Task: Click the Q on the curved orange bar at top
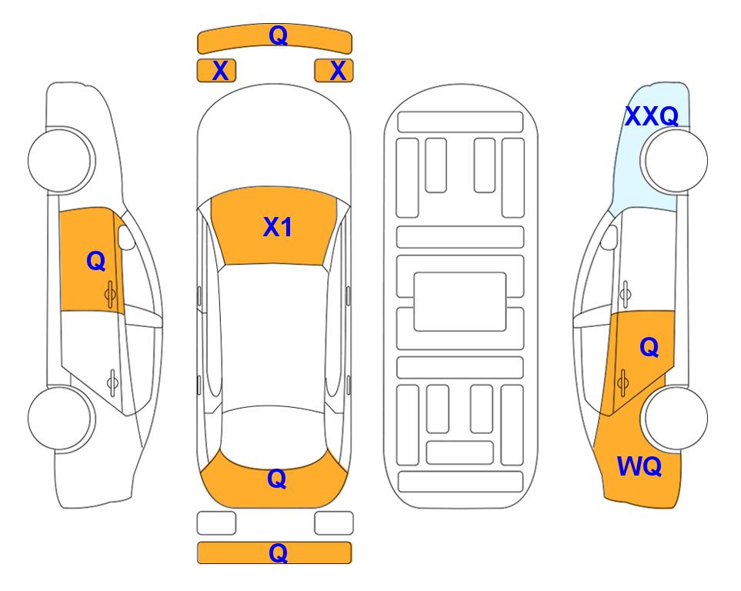coord(278,35)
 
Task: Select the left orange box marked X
coord(216,71)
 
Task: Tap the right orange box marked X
coord(334,71)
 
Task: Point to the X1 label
coord(278,227)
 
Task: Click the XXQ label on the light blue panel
coord(652,116)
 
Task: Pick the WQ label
coord(639,466)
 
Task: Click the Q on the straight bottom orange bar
coord(278,553)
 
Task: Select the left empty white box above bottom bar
coord(216,523)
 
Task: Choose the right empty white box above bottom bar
coord(334,523)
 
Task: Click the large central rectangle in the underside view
coord(460,302)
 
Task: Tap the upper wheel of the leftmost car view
coord(60,160)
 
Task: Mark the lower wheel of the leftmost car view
coord(60,418)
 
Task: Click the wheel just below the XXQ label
coord(676,160)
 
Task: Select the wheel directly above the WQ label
coord(676,418)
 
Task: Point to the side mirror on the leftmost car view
coord(126,237)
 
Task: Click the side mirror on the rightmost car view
coord(609,237)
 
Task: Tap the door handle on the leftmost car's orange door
coord(111,295)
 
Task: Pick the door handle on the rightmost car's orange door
coord(623,383)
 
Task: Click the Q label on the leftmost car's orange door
coord(96,261)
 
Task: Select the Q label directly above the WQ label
coord(649,348)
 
